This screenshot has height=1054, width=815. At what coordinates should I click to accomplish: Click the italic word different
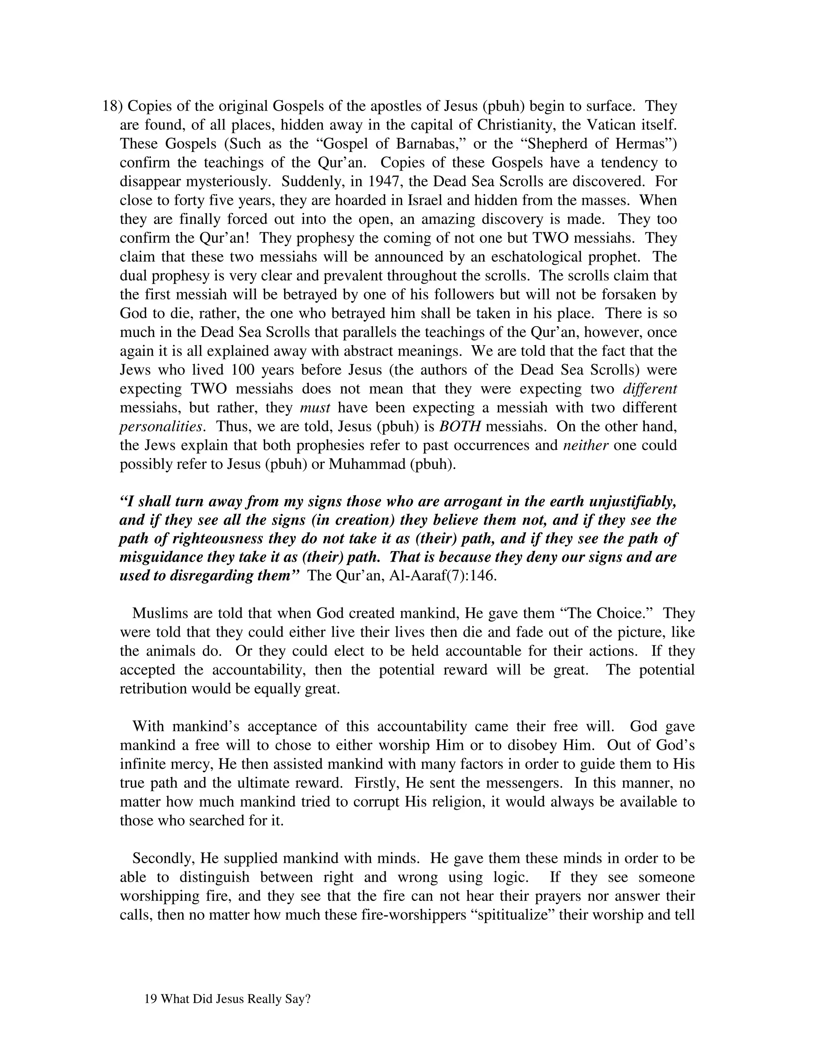pyautogui.click(x=650, y=389)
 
